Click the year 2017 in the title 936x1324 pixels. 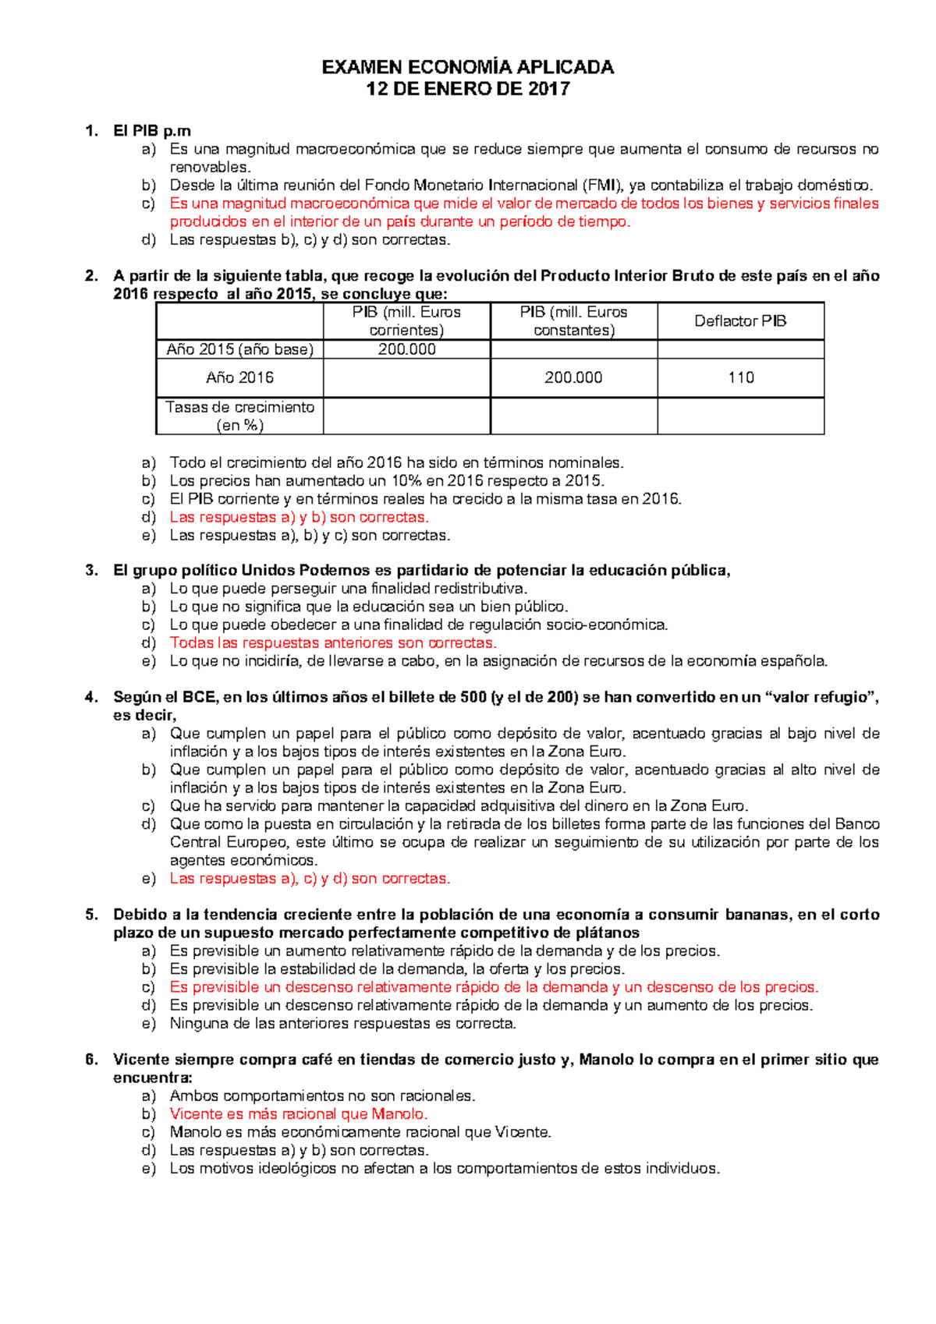click(x=549, y=89)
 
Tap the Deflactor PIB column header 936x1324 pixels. click(x=740, y=321)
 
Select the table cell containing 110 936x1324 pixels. click(x=740, y=378)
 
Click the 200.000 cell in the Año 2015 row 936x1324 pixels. click(x=406, y=349)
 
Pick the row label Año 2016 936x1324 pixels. click(x=239, y=378)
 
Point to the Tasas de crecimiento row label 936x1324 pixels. click(x=239, y=416)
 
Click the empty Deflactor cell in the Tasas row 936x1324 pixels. click(x=740, y=416)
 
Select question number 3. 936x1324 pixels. click(x=92, y=571)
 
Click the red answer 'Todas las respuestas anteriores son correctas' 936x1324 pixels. click(x=333, y=643)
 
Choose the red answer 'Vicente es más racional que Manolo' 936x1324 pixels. click(x=299, y=1114)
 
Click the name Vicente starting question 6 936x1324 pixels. click(x=141, y=1060)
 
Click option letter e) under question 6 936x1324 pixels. click(x=149, y=1169)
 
